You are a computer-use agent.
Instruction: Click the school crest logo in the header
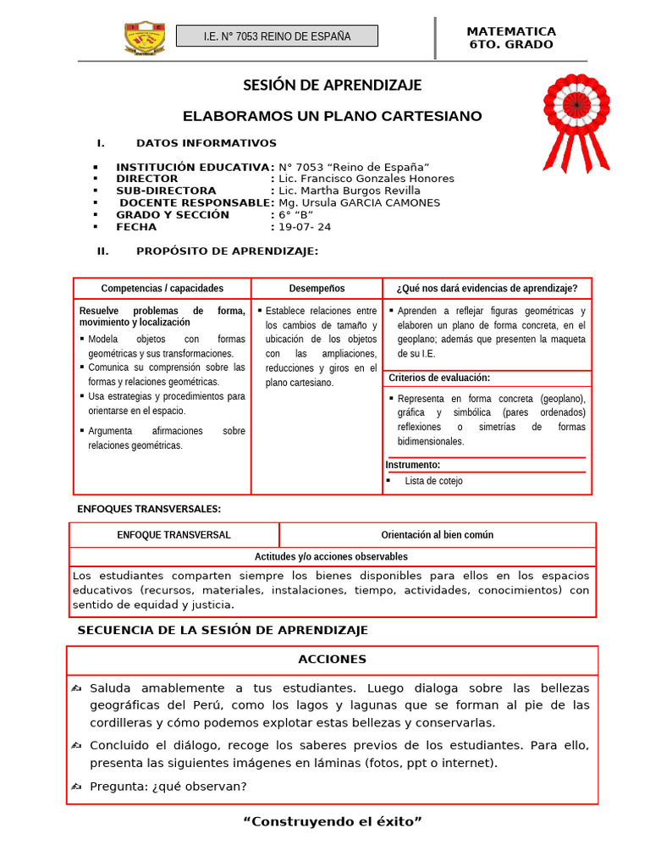145,37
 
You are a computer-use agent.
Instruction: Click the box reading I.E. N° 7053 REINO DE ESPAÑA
278,36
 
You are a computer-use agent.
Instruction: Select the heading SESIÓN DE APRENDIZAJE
333,86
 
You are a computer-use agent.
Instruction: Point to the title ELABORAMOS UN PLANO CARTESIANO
333,116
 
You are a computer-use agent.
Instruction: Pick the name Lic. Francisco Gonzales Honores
366,179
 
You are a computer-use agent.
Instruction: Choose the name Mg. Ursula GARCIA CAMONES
359,203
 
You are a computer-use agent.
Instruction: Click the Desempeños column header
317,289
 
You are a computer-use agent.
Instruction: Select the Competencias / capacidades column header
162,289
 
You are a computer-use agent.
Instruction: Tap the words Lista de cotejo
433,481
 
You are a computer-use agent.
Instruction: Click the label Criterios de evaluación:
439,378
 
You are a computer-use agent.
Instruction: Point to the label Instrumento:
413,465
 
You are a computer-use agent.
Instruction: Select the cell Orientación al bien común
437,535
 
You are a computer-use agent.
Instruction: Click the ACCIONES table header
333,660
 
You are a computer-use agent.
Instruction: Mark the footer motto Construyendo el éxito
333,822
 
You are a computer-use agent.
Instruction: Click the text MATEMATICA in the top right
511,31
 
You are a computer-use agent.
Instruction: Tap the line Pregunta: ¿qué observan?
168,787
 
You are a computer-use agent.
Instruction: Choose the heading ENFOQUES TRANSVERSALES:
149,509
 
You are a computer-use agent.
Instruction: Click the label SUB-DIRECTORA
166,191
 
